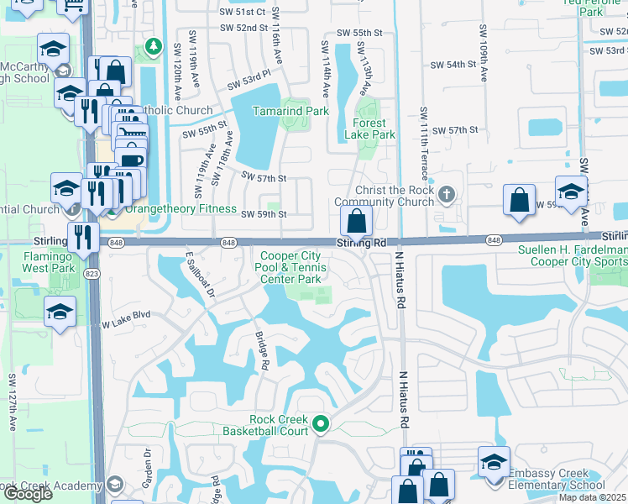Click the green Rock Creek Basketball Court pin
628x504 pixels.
click(320, 425)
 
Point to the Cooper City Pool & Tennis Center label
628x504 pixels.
click(290, 267)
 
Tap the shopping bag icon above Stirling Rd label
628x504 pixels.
click(357, 222)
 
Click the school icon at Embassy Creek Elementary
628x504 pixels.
click(494, 462)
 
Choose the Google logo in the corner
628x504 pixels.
click(28, 494)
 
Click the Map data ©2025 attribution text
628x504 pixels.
click(592, 497)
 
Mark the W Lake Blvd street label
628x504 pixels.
click(126, 319)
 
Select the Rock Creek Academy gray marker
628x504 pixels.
click(115, 485)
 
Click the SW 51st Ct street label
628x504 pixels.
click(244, 12)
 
